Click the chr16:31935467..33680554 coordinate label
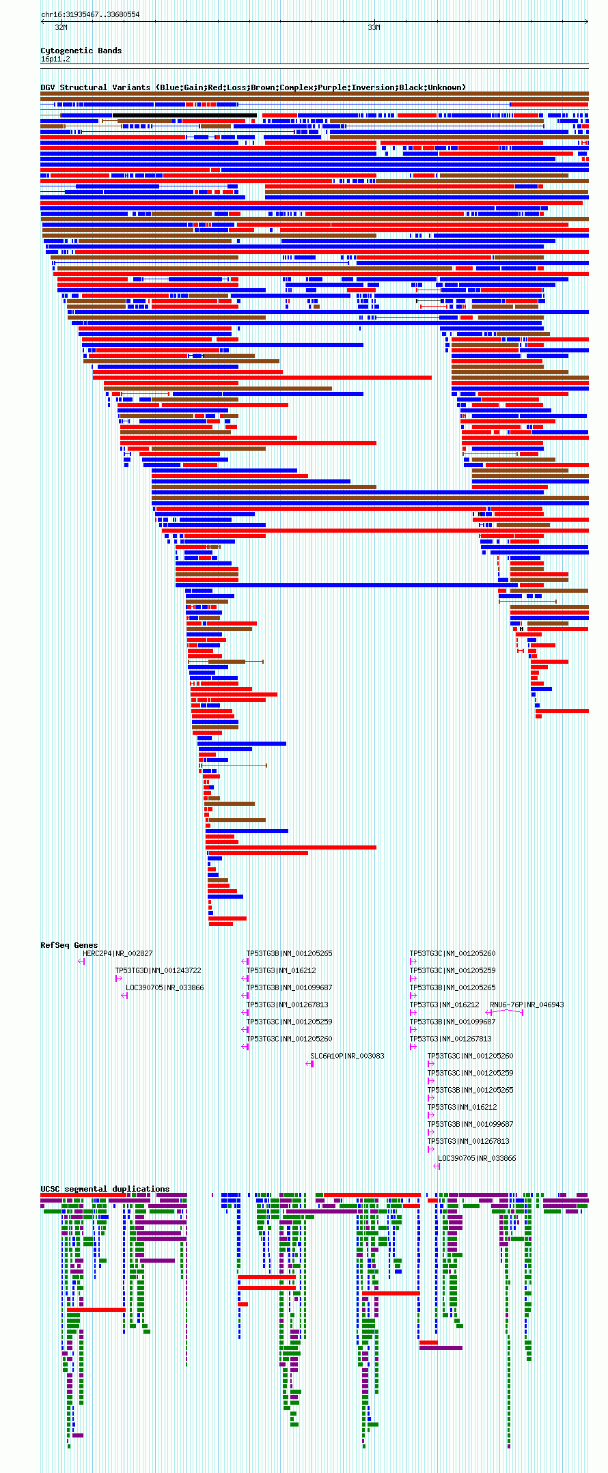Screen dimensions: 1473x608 tap(90, 14)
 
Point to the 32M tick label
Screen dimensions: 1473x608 tap(61, 28)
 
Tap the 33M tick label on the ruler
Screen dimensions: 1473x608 tap(374, 28)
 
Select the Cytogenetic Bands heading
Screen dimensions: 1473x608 tap(81, 51)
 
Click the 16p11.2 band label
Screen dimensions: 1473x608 tap(55, 59)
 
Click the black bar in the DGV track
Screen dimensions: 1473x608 tap(184, 115)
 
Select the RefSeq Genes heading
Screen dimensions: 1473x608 tap(69, 945)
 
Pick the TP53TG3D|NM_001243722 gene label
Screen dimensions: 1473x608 tap(158, 970)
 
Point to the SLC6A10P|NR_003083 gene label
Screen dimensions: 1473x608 tap(347, 1056)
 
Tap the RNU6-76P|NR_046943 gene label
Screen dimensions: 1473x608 tap(527, 1005)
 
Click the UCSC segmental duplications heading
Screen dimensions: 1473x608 tap(105, 1189)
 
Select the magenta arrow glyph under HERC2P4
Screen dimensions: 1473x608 tap(81, 962)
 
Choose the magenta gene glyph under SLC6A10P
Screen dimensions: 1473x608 tap(309, 1064)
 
